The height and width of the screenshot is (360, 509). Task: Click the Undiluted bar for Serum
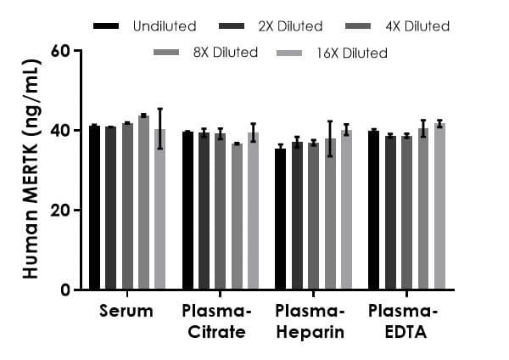pyautogui.click(x=94, y=208)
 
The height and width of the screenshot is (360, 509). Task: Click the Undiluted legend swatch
pyautogui.click(x=106, y=26)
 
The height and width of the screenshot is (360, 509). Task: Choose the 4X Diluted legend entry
pyautogui.click(x=400, y=26)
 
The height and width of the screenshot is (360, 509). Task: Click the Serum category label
pyautogui.click(x=126, y=311)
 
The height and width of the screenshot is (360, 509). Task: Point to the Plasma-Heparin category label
pyautogui.click(x=310, y=321)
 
